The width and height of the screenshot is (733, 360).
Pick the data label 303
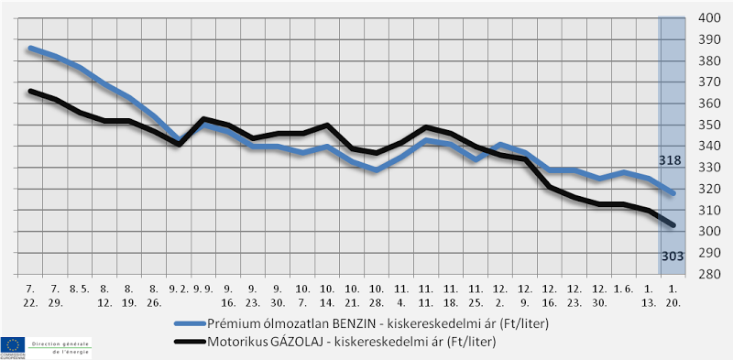click(672, 256)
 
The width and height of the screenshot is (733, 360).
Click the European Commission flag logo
click(14, 346)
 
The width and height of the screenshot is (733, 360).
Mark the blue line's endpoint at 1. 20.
click(673, 193)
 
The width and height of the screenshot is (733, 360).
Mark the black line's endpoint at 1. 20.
click(673, 225)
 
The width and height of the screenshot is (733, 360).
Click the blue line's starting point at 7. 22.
click(30, 48)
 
